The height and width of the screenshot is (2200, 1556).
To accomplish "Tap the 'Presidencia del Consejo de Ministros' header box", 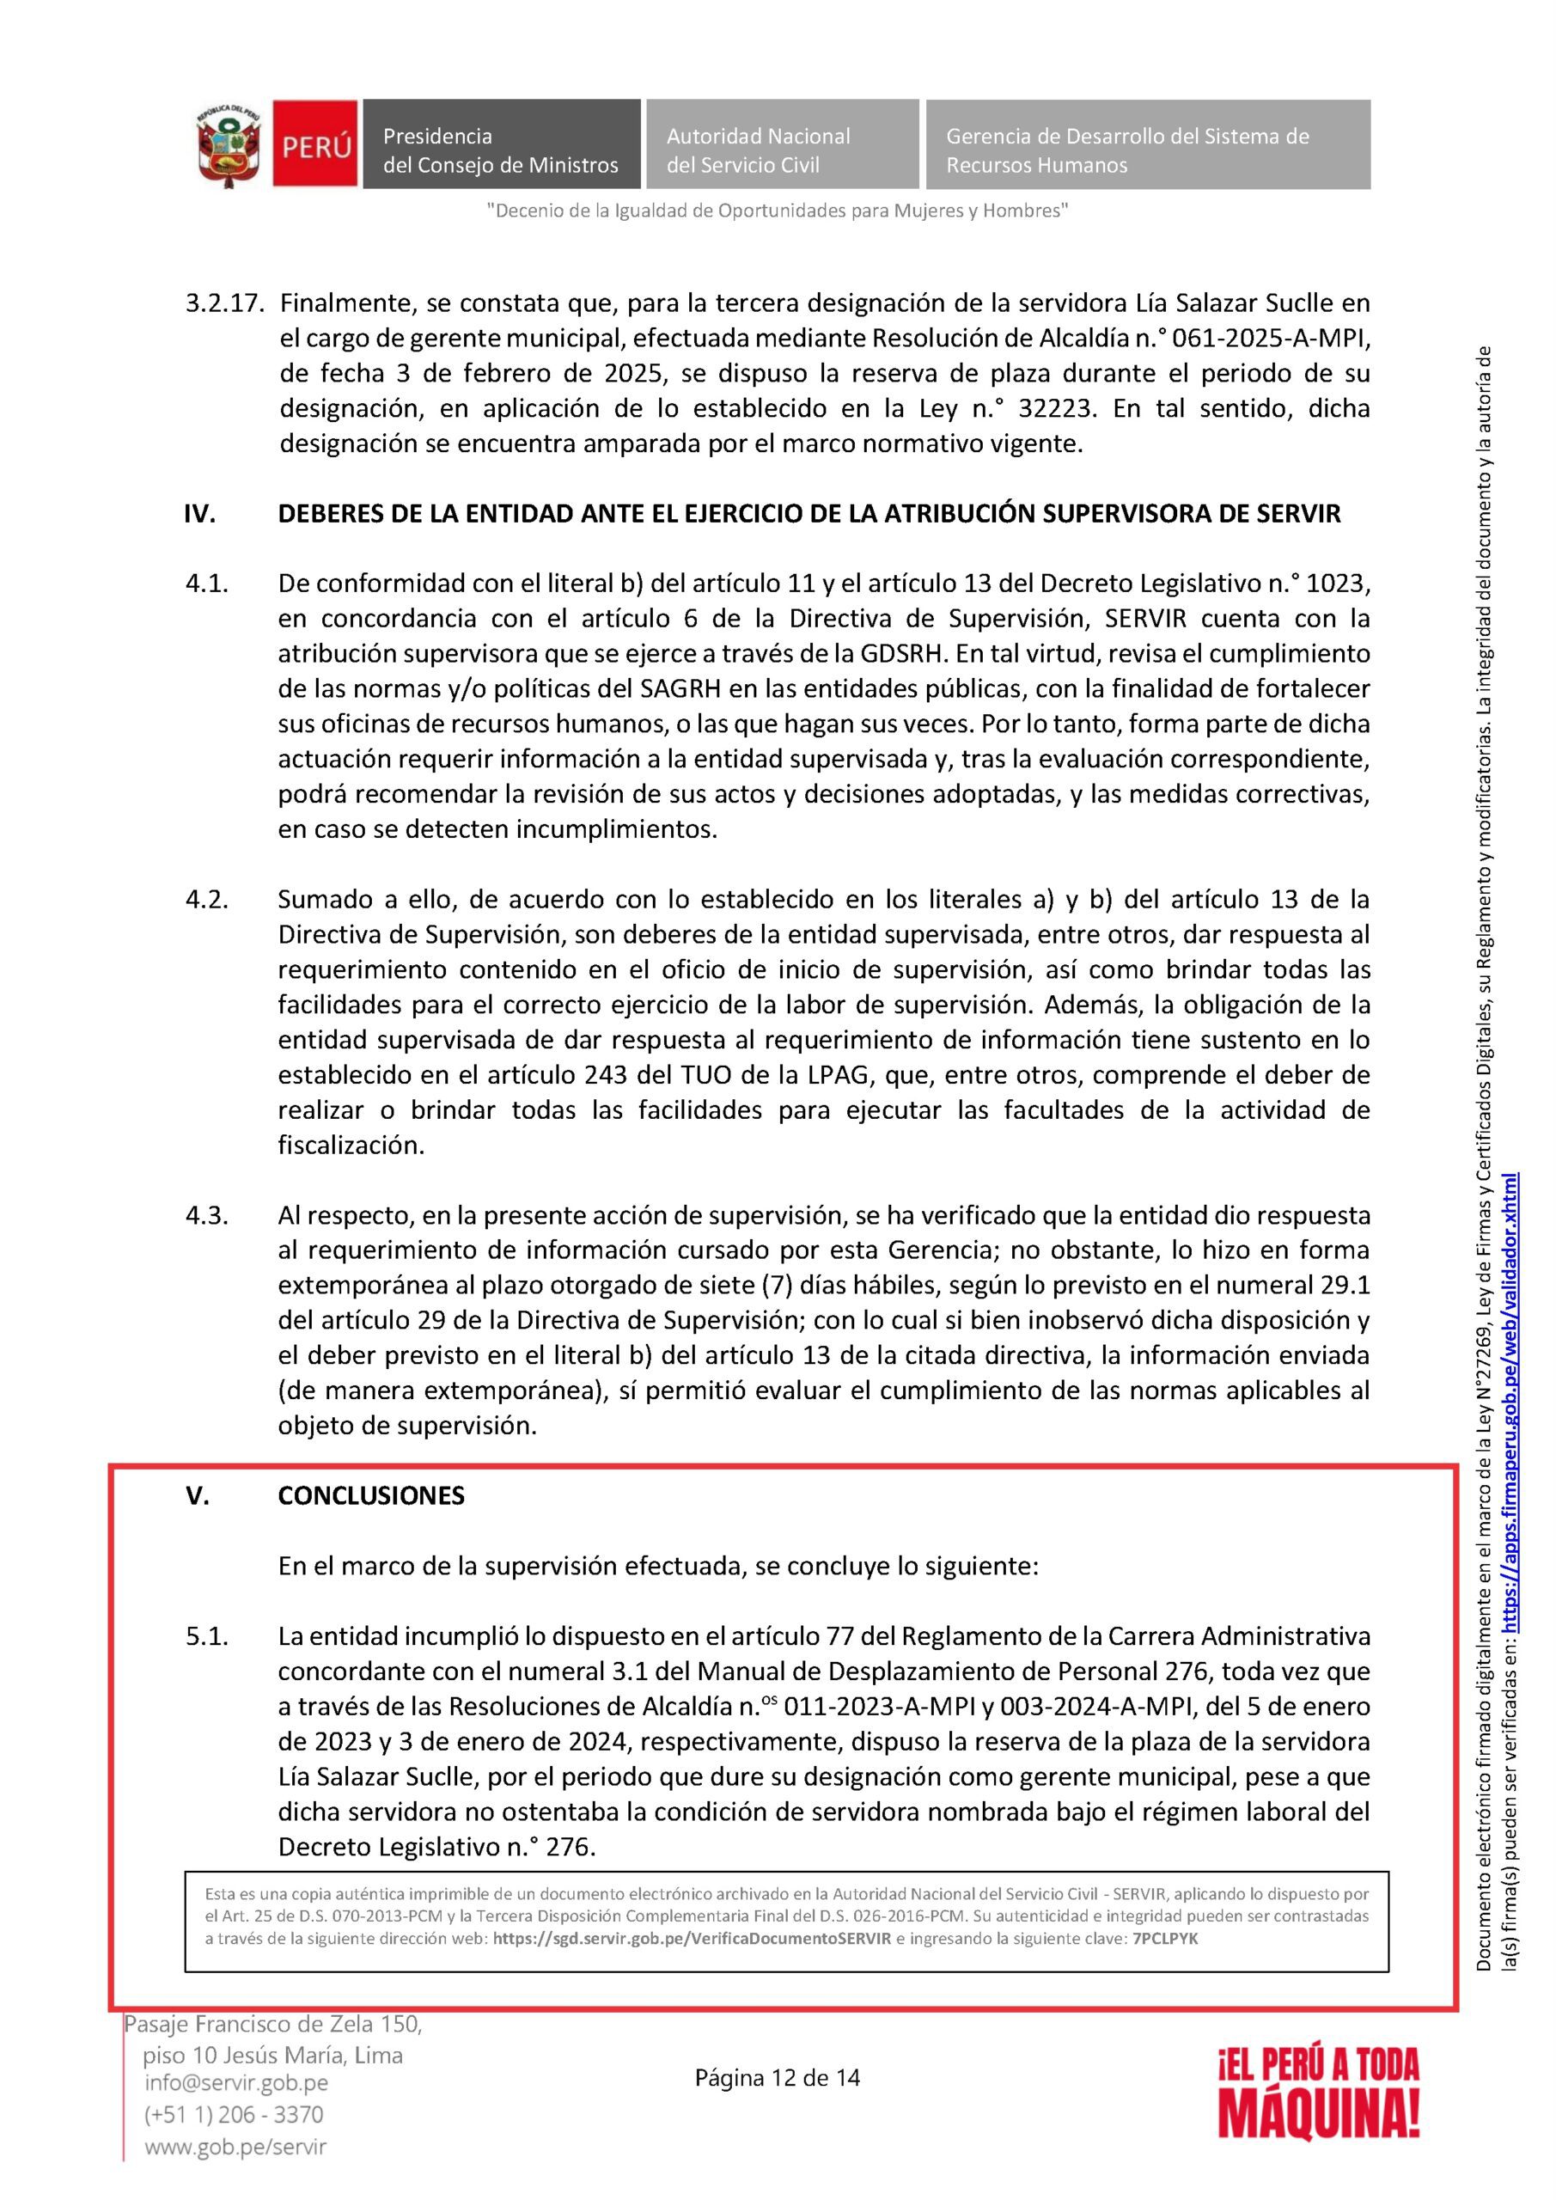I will point(500,144).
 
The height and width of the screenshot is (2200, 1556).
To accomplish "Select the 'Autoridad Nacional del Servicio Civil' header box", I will point(781,144).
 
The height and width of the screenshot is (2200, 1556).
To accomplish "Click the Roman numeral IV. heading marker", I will point(199,515).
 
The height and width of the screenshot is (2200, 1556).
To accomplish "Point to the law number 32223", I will point(1055,409).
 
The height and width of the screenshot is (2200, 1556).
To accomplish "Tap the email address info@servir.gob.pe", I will point(235,2082).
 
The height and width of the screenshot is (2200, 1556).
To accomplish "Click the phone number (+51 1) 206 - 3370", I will point(234,2113).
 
